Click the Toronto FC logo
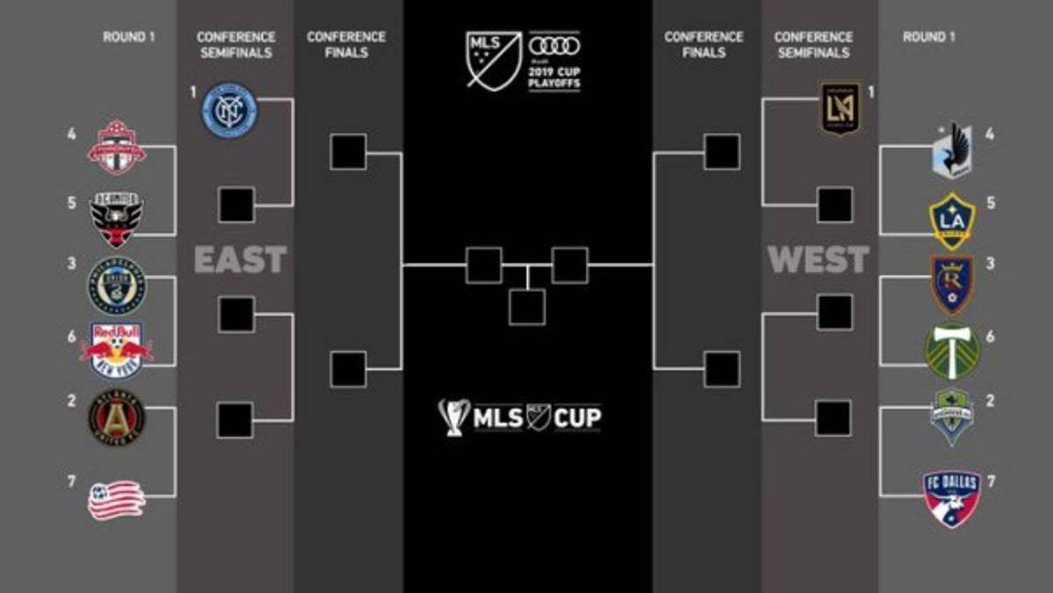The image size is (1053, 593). point(116,147)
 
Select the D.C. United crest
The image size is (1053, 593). point(116,219)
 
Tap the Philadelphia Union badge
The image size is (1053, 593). point(116,285)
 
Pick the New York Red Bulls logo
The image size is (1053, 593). point(116,350)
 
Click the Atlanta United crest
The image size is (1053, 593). point(116,417)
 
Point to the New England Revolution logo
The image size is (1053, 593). point(116,498)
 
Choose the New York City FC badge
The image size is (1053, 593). point(229,111)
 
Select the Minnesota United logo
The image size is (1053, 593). point(952,150)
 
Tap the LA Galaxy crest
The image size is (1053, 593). point(952,220)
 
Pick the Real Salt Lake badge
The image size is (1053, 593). point(952,284)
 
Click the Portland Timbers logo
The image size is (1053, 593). point(952,351)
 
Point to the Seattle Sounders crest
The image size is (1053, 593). point(952,416)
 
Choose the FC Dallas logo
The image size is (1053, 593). point(951,497)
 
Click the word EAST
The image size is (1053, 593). point(240,260)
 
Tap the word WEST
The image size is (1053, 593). point(818,260)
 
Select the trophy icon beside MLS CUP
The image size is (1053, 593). point(454,417)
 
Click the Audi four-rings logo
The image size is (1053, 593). point(555,47)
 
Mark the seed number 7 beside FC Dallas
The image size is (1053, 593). point(991,481)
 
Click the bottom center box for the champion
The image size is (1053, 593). point(526,307)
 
